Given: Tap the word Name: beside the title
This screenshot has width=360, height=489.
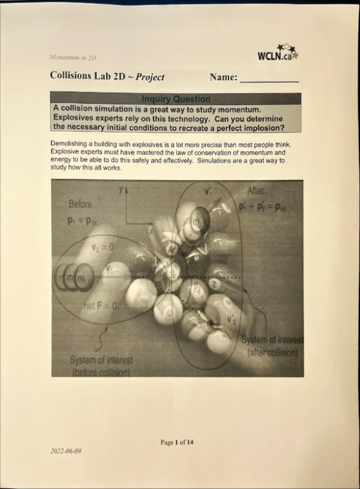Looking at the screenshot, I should [x=223, y=78].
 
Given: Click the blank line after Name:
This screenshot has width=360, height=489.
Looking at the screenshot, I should [x=269, y=80].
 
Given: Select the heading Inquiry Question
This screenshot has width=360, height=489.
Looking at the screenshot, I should [x=176, y=99].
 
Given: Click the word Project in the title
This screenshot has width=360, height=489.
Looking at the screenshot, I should [x=150, y=78].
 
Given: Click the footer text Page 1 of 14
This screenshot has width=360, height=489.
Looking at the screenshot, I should [x=177, y=442].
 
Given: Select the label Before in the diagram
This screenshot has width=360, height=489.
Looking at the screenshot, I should [x=81, y=203].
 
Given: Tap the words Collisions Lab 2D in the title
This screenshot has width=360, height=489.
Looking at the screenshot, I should [x=89, y=78].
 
